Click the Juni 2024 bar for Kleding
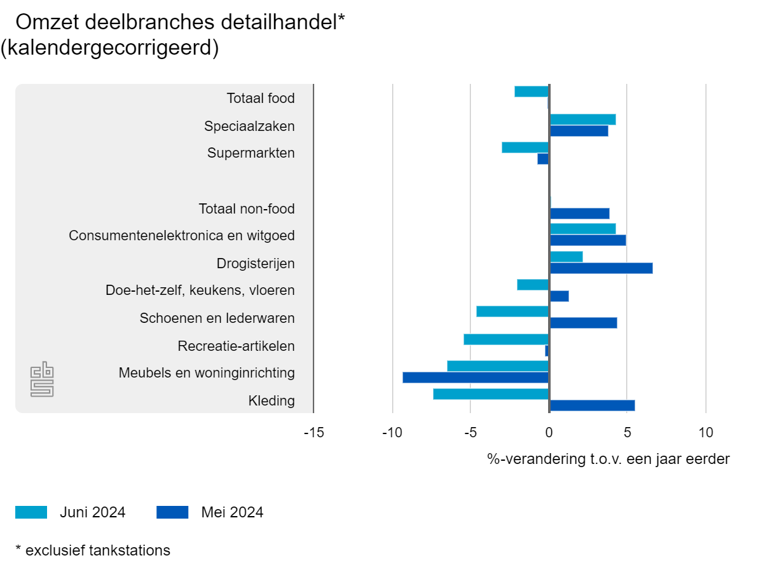click(x=491, y=394)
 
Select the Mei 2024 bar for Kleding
click(x=592, y=405)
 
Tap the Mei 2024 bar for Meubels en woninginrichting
click(x=476, y=378)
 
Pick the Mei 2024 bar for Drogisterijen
click(x=601, y=268)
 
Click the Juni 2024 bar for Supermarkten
click(x=525, y=147)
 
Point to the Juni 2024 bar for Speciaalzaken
click(x=582, y=119)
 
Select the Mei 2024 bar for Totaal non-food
click(x=579, y=214)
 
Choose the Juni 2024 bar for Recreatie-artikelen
click(x=506, y=339)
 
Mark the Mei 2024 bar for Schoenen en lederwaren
click(x=583, y=323)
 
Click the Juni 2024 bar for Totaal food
click(x=532, y=92)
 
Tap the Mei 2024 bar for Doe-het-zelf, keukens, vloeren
click(x=559, y=296)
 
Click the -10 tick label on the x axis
click(x=392, y=433)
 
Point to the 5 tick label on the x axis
click(x=627, y=433)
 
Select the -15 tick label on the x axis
click(x=313, y=433)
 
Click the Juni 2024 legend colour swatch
click(x=31, y=512)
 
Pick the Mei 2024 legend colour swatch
click(x=172, y=512)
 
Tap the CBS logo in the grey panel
click(x=42, y=380)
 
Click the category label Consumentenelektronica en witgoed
click(x=182, y=236)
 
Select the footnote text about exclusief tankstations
click(x=93, y=550)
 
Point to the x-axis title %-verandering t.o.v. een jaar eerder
click(x=608, y=459)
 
